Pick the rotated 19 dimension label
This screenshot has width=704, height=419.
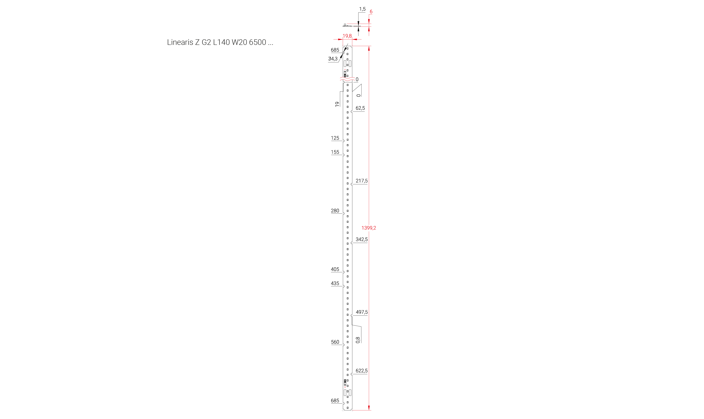pos(337,104)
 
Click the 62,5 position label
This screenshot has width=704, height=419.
pos(360,108)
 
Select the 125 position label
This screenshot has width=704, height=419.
pos(335,138)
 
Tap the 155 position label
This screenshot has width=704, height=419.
pos(335,152)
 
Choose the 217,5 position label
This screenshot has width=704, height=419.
pos(362,181)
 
